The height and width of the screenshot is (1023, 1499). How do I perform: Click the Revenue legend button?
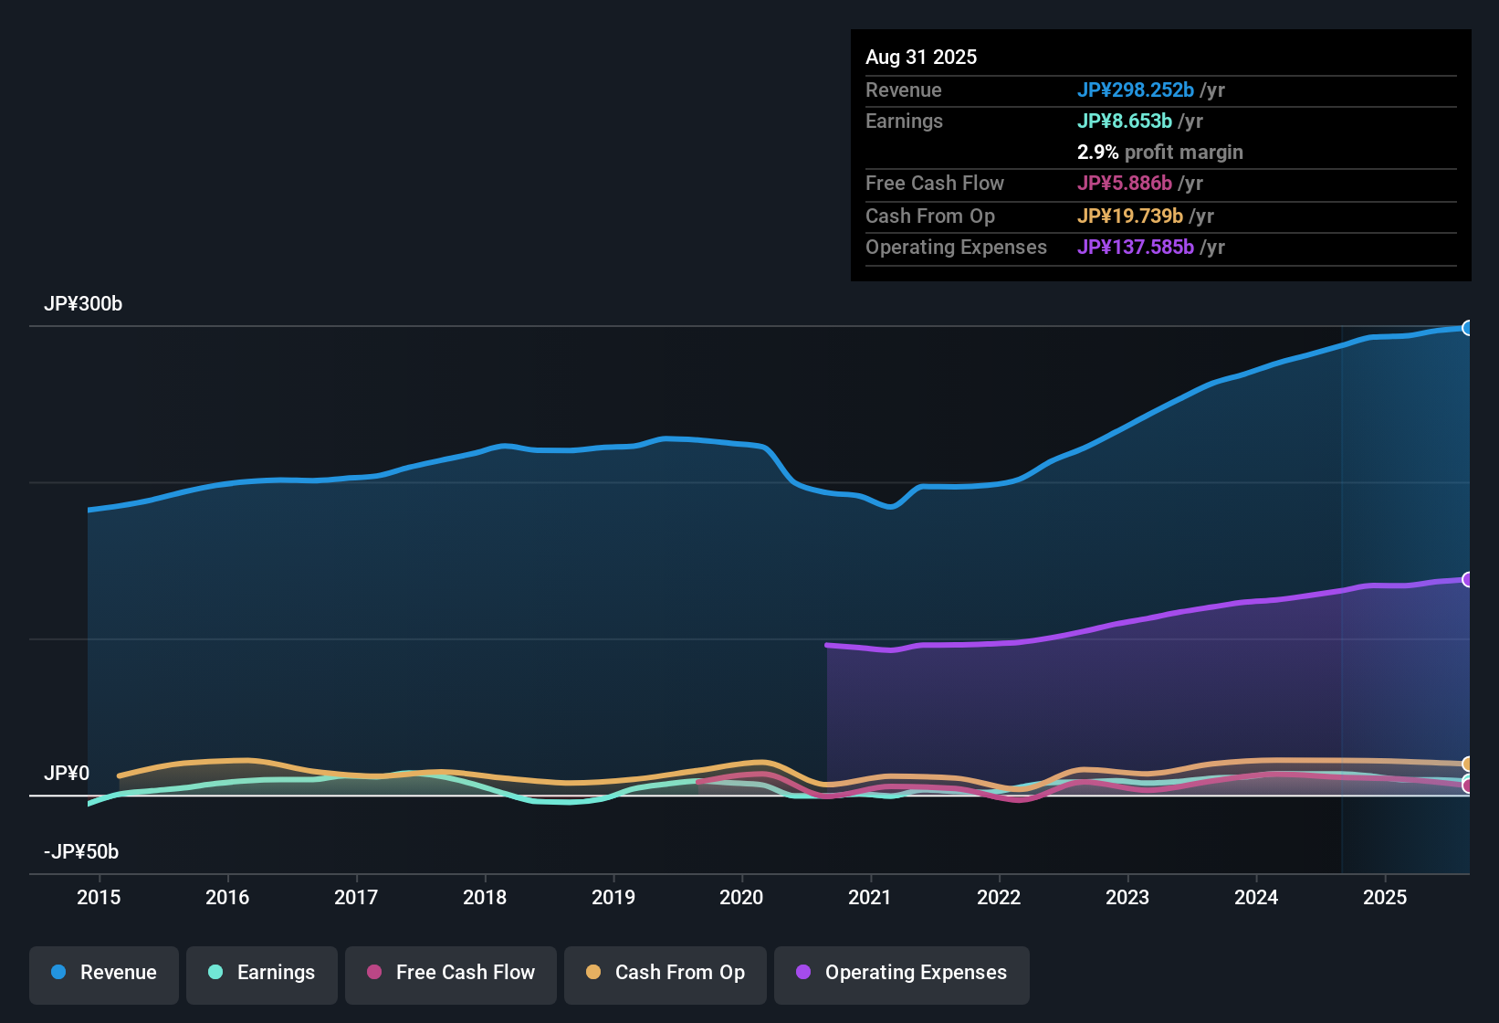pyautogui.click(x=104, y=973)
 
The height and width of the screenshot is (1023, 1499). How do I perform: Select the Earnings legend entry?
pyautogui.click(x=262, y=973)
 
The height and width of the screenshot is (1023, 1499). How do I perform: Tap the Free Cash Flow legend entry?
pyautogui.click(x=451, y=973)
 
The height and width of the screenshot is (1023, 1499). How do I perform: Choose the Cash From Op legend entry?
pyautogui.click(x=666, y=973)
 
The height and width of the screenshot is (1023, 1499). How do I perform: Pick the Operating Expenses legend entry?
pyautogui.click(x=902, y=973)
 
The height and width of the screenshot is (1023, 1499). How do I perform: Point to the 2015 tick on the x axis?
pyautogui.click(x=99, y=897)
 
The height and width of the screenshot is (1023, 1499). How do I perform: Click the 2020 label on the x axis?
pyautogui.click(x=741, y=897)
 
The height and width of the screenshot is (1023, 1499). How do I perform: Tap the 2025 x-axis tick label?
pyautogui.click(x=1385, y=897)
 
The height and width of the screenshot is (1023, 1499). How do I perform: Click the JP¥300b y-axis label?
pyautogui.click(x=83, y=304)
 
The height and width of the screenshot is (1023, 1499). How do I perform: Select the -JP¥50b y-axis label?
pyautogui.click(x=81, y=852)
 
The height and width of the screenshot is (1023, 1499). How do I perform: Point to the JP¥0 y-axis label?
pyautogui.click(x=67, y=774)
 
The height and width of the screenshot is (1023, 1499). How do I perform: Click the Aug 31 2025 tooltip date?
pyautogui.click(x=921, y=58)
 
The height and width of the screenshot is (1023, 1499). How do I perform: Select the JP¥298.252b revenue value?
pyautogui.click(x=1136, y=90)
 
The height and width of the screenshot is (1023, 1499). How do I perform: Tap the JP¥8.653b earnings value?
pyautogui.click(x=1125, y=121)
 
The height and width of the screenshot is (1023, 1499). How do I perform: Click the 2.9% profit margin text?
pyautogui.click(x=1159, y=153)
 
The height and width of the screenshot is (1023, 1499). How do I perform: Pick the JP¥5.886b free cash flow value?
pyautogui.click(x=1125, y=184)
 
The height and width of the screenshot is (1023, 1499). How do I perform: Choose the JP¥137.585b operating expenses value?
pyautogui.click(x=1136, y=248)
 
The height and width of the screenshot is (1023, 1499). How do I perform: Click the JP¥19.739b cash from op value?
pyautogui.click(x=1130, y=216)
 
